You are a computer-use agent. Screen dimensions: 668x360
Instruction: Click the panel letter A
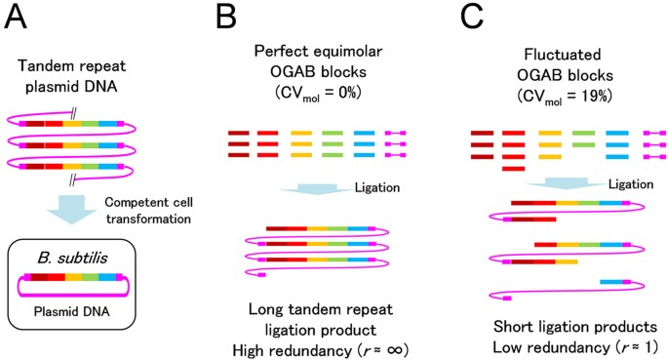[16, 17]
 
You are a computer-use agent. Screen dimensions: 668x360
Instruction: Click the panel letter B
[226, 17]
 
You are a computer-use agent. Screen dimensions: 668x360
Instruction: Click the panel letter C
[472, 17]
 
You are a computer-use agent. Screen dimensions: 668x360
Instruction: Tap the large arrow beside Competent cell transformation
[71, 209]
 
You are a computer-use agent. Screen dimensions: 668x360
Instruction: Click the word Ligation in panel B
[377, 188]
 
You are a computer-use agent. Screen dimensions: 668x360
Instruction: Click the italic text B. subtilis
[72, 259]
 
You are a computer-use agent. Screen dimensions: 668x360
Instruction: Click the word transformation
[148, 219]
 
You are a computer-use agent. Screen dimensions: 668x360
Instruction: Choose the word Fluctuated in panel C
[563, 55]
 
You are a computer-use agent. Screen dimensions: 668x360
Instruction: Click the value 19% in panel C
[599, 97]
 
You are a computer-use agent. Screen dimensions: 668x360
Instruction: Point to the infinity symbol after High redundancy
[395, 350]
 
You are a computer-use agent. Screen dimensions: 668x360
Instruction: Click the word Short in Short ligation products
[511, 327]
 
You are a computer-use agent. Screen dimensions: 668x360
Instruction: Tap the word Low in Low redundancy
[506, 347]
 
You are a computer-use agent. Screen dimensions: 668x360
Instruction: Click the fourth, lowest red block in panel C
[513, 169]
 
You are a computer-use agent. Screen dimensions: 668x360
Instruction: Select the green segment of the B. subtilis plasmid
[90, 277]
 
